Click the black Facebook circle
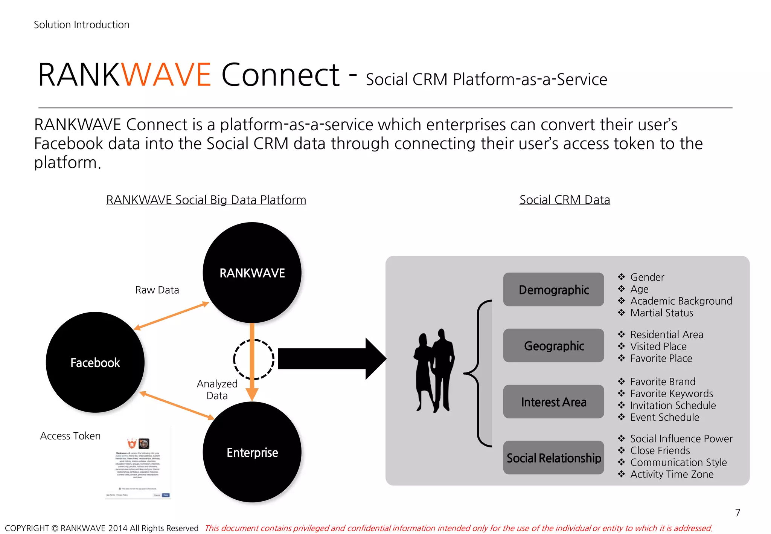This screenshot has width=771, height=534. click(x=95, y=362)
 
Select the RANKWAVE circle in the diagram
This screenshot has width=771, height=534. click(x=252, y=273)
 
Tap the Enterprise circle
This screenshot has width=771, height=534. click(x=252, y=452)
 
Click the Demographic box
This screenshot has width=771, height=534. click(x=553, y=290)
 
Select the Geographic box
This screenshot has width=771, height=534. click(x=553, y=346)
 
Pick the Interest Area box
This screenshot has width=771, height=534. click(x=553, y=402)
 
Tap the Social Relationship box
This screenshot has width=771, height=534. click(x=553, y=458)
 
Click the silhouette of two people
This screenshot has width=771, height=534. click(x=434, y=371)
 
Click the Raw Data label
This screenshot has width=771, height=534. click(x=157, y=290)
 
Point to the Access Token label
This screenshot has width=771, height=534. click(x=70, y=436)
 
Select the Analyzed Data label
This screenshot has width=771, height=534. click(x=217, y=389)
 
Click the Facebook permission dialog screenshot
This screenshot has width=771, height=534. click(x=138, y=467)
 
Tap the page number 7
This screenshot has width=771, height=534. click(x=737, y=513)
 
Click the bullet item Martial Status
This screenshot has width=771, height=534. click(x=661, y=313)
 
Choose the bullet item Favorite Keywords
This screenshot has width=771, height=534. click(x=671, y=394)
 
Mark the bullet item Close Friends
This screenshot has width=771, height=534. click(x=660, y=450)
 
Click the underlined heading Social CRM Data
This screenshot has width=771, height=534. click(x=564, y=200)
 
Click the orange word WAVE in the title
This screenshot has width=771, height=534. click(x=166, y=75)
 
